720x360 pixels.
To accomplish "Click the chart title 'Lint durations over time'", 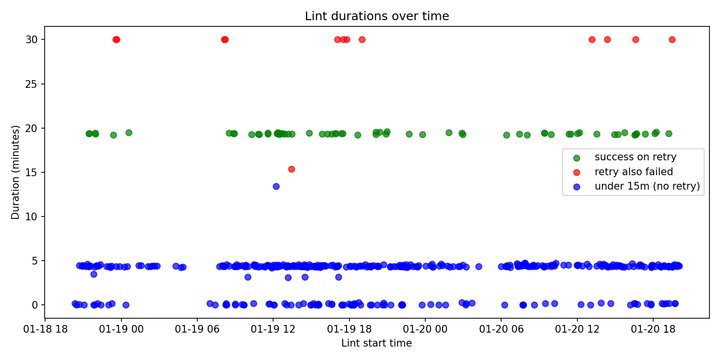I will [377, 16].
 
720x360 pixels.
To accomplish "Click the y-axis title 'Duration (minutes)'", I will [15, 172].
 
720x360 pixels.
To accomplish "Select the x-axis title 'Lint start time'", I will [376, 343].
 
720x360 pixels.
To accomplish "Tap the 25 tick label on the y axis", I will [32, 84].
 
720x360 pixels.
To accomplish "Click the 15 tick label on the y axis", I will [32, 172].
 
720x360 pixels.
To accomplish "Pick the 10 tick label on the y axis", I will [32, 216].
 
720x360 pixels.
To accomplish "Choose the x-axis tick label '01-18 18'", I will [45, 330].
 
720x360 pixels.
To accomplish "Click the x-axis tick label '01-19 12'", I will [273, 330].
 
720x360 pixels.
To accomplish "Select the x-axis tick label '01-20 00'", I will [425, 330].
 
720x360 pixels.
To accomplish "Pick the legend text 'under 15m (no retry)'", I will [647, 187].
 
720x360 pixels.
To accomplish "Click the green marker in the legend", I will [576, 157].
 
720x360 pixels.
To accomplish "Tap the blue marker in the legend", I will [576, 187].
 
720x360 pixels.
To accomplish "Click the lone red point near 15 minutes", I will [291, 169].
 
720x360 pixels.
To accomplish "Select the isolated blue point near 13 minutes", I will [276, 186].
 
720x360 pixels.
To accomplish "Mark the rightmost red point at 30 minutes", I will [672, 39].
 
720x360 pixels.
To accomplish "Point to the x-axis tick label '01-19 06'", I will [197, 330].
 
